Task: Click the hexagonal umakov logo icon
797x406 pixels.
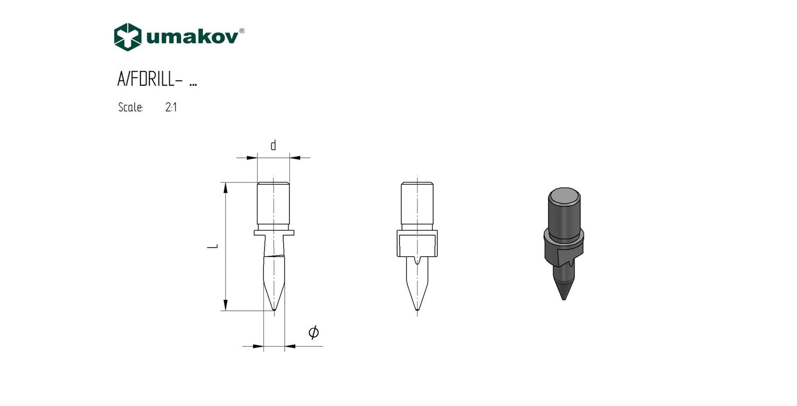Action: pyautogui.click(x=128, y=36)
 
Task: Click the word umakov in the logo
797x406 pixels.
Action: pyautogui.click(x=192, y=37)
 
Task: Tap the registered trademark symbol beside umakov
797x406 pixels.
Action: pyautogui.click(x=242, y=31)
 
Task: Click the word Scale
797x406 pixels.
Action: pyautogui.click(x=130, y=108)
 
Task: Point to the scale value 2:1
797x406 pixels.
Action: pyautogui.click(x=171, y=108)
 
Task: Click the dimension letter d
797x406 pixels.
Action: pyautogui.click(x=273, y=145)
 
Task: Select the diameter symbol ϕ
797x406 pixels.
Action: pyautogui.click(x=314, y=332)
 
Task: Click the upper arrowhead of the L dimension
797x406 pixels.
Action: pyautogui.click(x=225, y=188)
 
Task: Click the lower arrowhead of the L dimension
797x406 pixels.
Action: pyautogui.click(x=225, y=305)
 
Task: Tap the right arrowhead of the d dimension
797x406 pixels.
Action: pyautogui.click(x=295, y=158)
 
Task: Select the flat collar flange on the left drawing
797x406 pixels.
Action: pyautogui.click(x=274, y=233)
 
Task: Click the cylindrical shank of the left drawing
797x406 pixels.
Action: pyautogui.click(x=273, y=204)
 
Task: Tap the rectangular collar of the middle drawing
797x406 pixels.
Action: pyautogui.click(x=417, y=244)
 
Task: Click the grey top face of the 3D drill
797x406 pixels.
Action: pyautogui.click(x=564, y=195)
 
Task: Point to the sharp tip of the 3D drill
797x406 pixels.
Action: pyautogui.click(x=564, y=298)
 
